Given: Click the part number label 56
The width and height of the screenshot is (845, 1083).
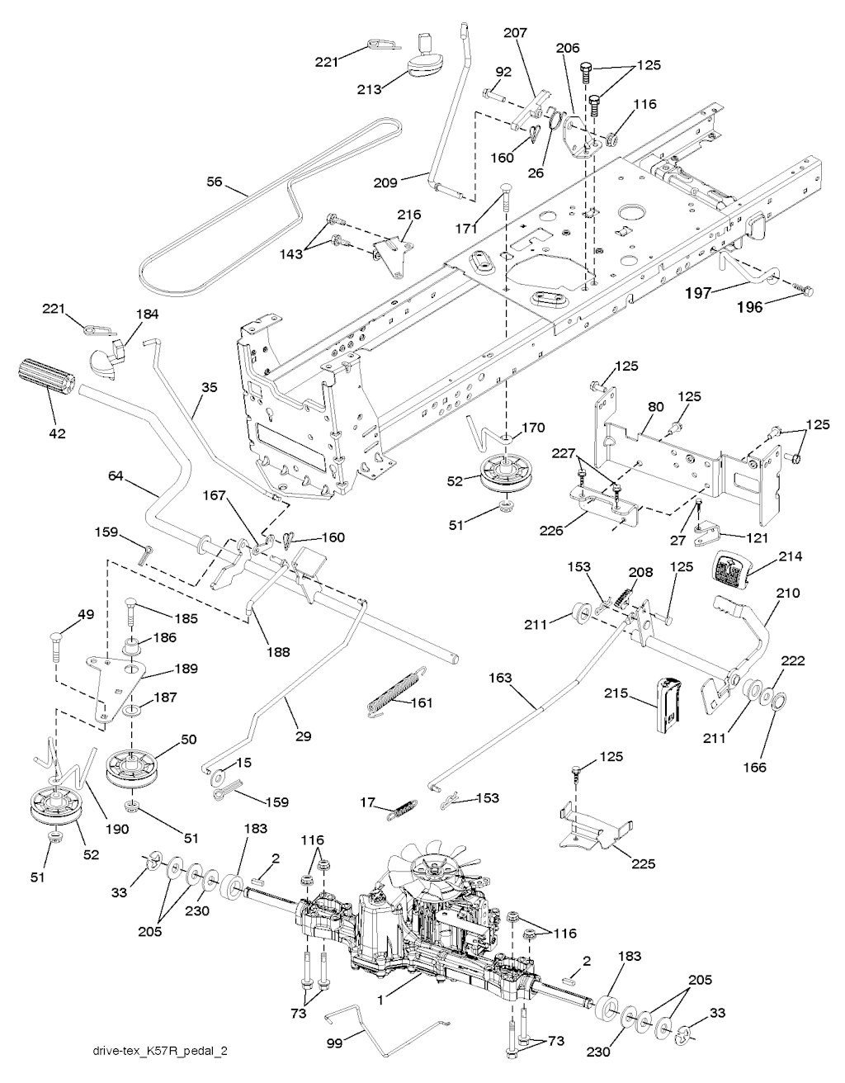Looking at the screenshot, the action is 215,182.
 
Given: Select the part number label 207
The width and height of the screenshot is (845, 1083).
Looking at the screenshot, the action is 515,33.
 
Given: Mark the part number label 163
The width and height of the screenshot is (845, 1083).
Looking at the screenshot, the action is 500,678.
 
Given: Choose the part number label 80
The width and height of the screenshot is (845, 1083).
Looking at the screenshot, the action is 656,407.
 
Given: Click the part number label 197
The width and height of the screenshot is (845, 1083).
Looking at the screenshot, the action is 699,293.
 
